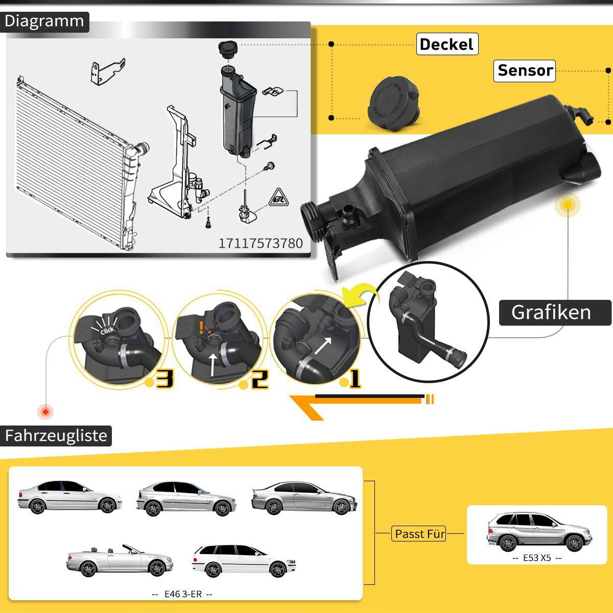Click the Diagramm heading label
(44, 21)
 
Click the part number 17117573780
(261, 243)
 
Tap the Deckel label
(446, 44)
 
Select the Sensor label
(525, 70)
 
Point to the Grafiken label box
(552, 312)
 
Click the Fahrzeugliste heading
(56, 436)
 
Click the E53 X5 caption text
(537, 558)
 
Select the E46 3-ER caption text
(182, 594)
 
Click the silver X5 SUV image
(536, 534)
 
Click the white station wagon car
(244, 561)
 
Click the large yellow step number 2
(259, 379)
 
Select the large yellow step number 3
(164, 379)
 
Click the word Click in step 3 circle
(107, 331)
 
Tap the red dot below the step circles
(46, 411)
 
